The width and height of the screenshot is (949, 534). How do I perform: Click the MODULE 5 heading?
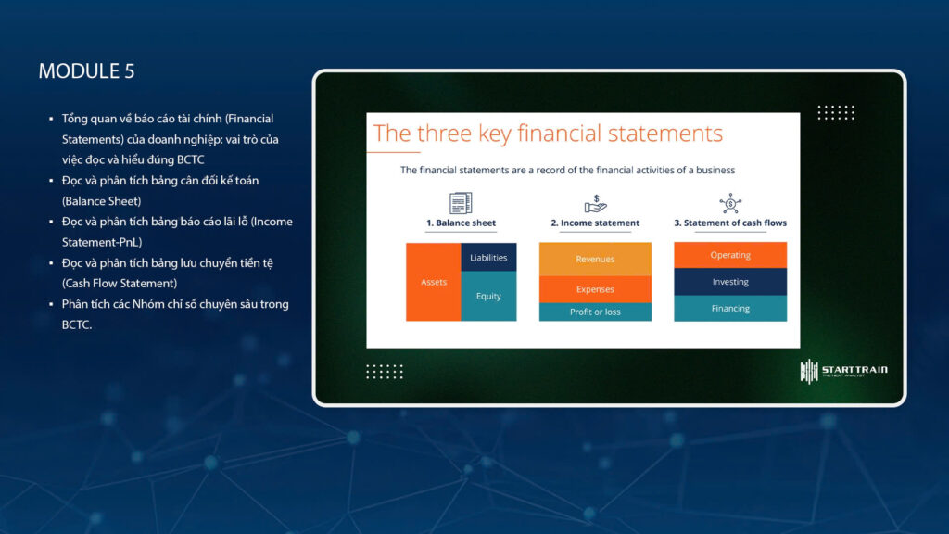[x=86, y=70]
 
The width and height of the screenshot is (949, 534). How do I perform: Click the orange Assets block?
[x=434, y=282]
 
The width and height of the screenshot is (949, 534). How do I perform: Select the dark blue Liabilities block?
[x=488, y=258]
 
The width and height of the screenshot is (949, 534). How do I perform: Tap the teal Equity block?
[x=488, y=296]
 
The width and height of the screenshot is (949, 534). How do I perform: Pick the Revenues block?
[x=595, y=260]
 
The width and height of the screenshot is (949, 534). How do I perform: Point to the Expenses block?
[x=595, y=289]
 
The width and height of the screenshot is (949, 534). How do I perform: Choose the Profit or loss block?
[x=595, y=311]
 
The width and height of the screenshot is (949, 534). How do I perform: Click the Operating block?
[x=730, y=255]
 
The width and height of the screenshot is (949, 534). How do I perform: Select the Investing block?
[x=730, y=282]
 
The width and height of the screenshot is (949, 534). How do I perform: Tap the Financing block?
[x=730, y=308]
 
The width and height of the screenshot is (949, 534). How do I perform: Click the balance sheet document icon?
[x=461, y=203]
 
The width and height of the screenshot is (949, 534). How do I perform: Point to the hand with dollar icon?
[x=596, y=204]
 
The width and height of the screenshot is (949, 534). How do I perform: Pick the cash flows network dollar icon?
[x=730, y=203]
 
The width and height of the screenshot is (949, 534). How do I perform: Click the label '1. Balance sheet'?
[x=462, y=222]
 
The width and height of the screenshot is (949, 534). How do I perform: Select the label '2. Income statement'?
[x=595, y=222]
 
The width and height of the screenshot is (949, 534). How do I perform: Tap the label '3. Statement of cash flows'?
[x=730, y=222]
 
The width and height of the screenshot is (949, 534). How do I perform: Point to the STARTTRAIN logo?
[x=843, y=371]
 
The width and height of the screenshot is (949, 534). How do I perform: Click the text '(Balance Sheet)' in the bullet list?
[x=101, y=201]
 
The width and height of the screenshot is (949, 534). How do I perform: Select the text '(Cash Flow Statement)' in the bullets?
[x=120, y=284]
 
